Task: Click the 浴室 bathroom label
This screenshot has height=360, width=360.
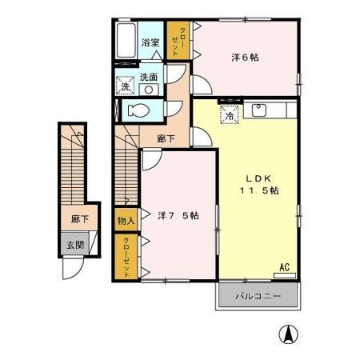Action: [150, 42]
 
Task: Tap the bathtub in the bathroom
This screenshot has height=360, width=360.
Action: [126, 41]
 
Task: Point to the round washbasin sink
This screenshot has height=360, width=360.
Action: [148, 90]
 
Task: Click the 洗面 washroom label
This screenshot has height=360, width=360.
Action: [149, 78]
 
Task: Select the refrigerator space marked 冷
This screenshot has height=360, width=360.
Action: [228, 114]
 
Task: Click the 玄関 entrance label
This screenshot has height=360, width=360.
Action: [74, 245]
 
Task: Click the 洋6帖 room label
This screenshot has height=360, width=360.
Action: [245, 57]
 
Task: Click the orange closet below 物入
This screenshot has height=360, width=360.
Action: [126, 257]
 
